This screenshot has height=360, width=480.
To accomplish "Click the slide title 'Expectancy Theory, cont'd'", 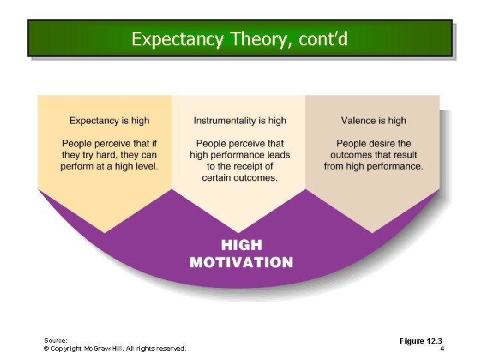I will tap(239, 39).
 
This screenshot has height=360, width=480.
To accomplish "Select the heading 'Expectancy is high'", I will tap(109, 121).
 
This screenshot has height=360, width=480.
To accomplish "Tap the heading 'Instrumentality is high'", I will tap(240, 121).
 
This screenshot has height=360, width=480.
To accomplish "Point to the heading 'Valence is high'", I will tap(373, 121).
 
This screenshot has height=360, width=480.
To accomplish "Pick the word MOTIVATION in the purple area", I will tap(241, 262).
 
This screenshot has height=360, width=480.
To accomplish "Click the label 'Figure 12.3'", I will tap(421, 341).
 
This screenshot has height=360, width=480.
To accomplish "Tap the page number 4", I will tap(442, 349).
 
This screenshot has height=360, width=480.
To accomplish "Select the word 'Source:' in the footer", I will tap(56, 340).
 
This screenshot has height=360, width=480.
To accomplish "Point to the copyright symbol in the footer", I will tap(46, 349).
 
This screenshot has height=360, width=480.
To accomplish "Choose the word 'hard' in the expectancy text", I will tap(104, 155).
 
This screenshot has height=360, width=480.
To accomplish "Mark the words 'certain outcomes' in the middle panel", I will tap(240, 177).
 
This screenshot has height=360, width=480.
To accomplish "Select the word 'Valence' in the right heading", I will tap(358, 121).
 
